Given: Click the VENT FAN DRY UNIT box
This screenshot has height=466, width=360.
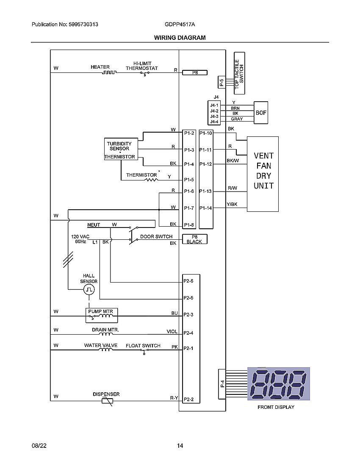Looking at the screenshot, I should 263,174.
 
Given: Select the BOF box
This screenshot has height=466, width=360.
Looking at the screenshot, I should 261,113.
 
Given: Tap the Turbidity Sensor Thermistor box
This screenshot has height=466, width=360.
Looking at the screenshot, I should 121,149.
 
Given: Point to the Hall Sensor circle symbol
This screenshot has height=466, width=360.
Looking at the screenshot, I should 89,289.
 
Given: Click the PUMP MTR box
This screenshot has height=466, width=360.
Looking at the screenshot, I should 101,314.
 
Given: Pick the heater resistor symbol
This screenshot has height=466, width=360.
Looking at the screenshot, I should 108,73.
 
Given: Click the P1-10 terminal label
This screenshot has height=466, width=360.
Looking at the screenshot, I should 206,133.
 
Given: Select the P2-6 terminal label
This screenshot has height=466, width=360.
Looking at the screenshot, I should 188,281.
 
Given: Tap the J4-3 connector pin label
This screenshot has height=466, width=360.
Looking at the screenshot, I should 214,116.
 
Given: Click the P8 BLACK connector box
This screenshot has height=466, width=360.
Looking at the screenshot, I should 194,239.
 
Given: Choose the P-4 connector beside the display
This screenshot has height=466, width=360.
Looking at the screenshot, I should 222,384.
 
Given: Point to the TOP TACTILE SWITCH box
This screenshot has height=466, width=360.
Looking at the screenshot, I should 239,73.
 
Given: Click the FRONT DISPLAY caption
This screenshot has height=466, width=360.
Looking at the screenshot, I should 276,407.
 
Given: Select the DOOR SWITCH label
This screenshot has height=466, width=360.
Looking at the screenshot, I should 156,236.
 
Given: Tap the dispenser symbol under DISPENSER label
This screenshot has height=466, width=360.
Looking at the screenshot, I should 108,401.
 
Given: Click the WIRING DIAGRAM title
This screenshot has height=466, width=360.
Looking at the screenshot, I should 180,38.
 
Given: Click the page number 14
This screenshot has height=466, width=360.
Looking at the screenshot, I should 180,446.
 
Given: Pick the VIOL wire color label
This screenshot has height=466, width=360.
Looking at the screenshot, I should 172,332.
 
